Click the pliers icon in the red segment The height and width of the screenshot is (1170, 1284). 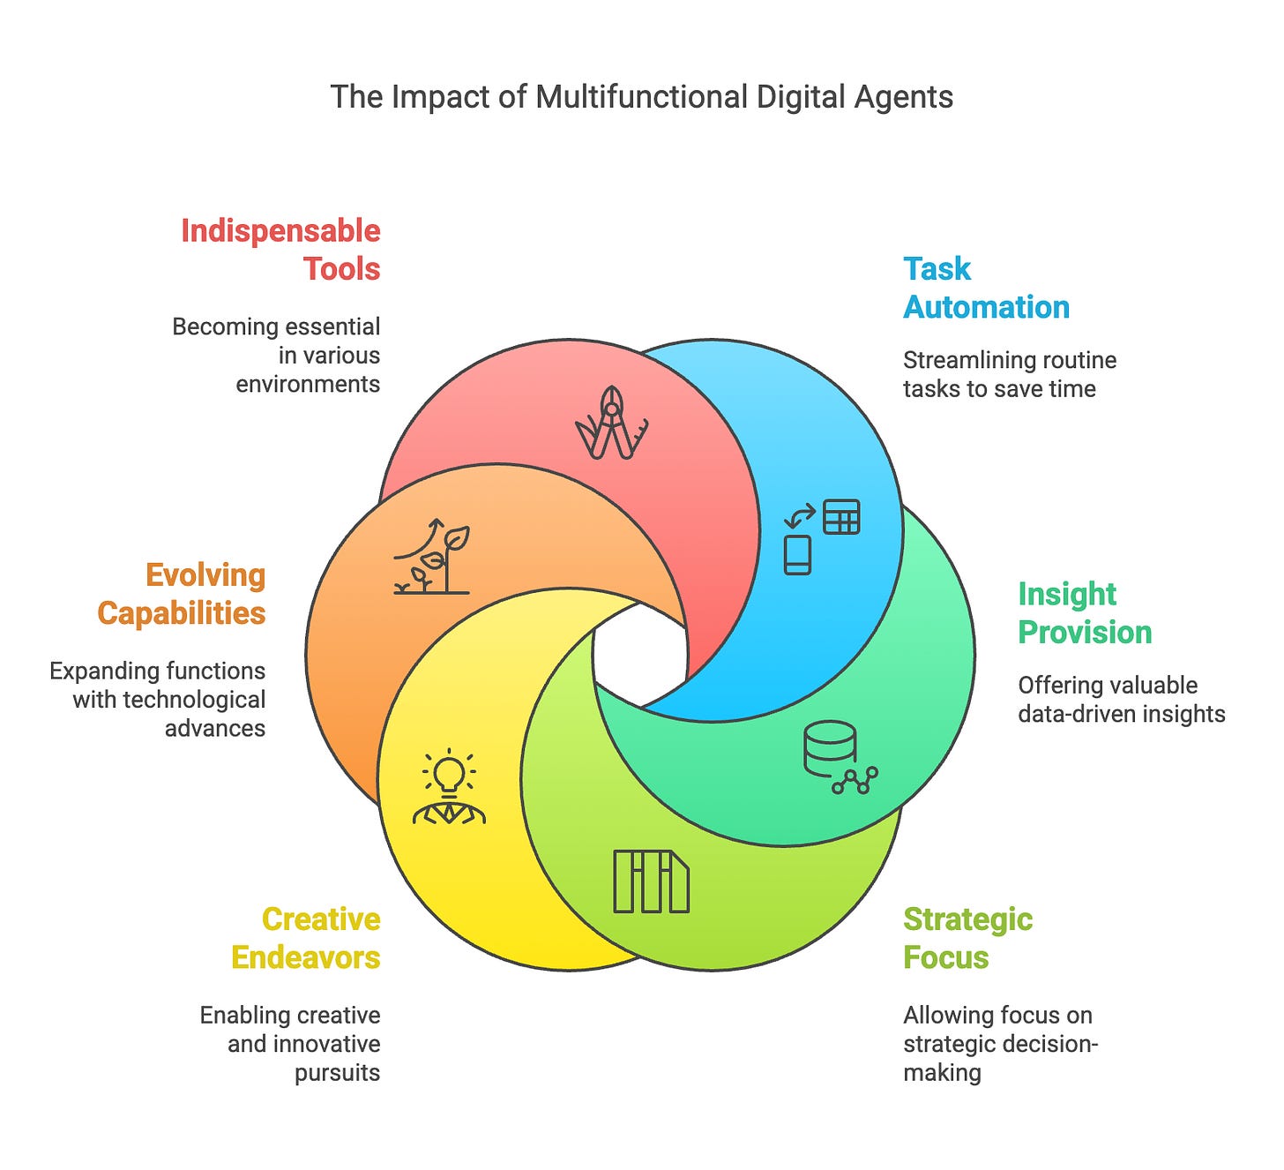pos(612,424)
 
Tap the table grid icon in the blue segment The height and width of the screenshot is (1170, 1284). pos(841,517)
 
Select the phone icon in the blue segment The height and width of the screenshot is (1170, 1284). pos(797,555)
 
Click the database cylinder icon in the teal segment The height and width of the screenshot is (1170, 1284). pos(830,746)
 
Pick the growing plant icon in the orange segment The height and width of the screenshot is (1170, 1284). pos(432,559)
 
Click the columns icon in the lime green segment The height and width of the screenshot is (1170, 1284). pos(651,881)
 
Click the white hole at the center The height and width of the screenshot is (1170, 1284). pos(640,654)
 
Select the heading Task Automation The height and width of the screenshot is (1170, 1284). pos(986,288)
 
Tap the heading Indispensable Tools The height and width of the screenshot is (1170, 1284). pos(280,250)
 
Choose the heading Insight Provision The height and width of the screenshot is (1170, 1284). pos(1085,613)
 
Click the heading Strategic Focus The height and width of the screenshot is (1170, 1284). pos(967,938)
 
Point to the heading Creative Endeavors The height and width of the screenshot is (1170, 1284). pos(306,938)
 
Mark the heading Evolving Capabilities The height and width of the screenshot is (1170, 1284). pos(182,594)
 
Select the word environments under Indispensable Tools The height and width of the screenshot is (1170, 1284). pos(308,385)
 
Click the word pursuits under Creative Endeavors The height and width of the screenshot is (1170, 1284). pos(337,1073)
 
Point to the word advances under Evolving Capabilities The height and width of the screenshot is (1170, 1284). pos(215,729)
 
